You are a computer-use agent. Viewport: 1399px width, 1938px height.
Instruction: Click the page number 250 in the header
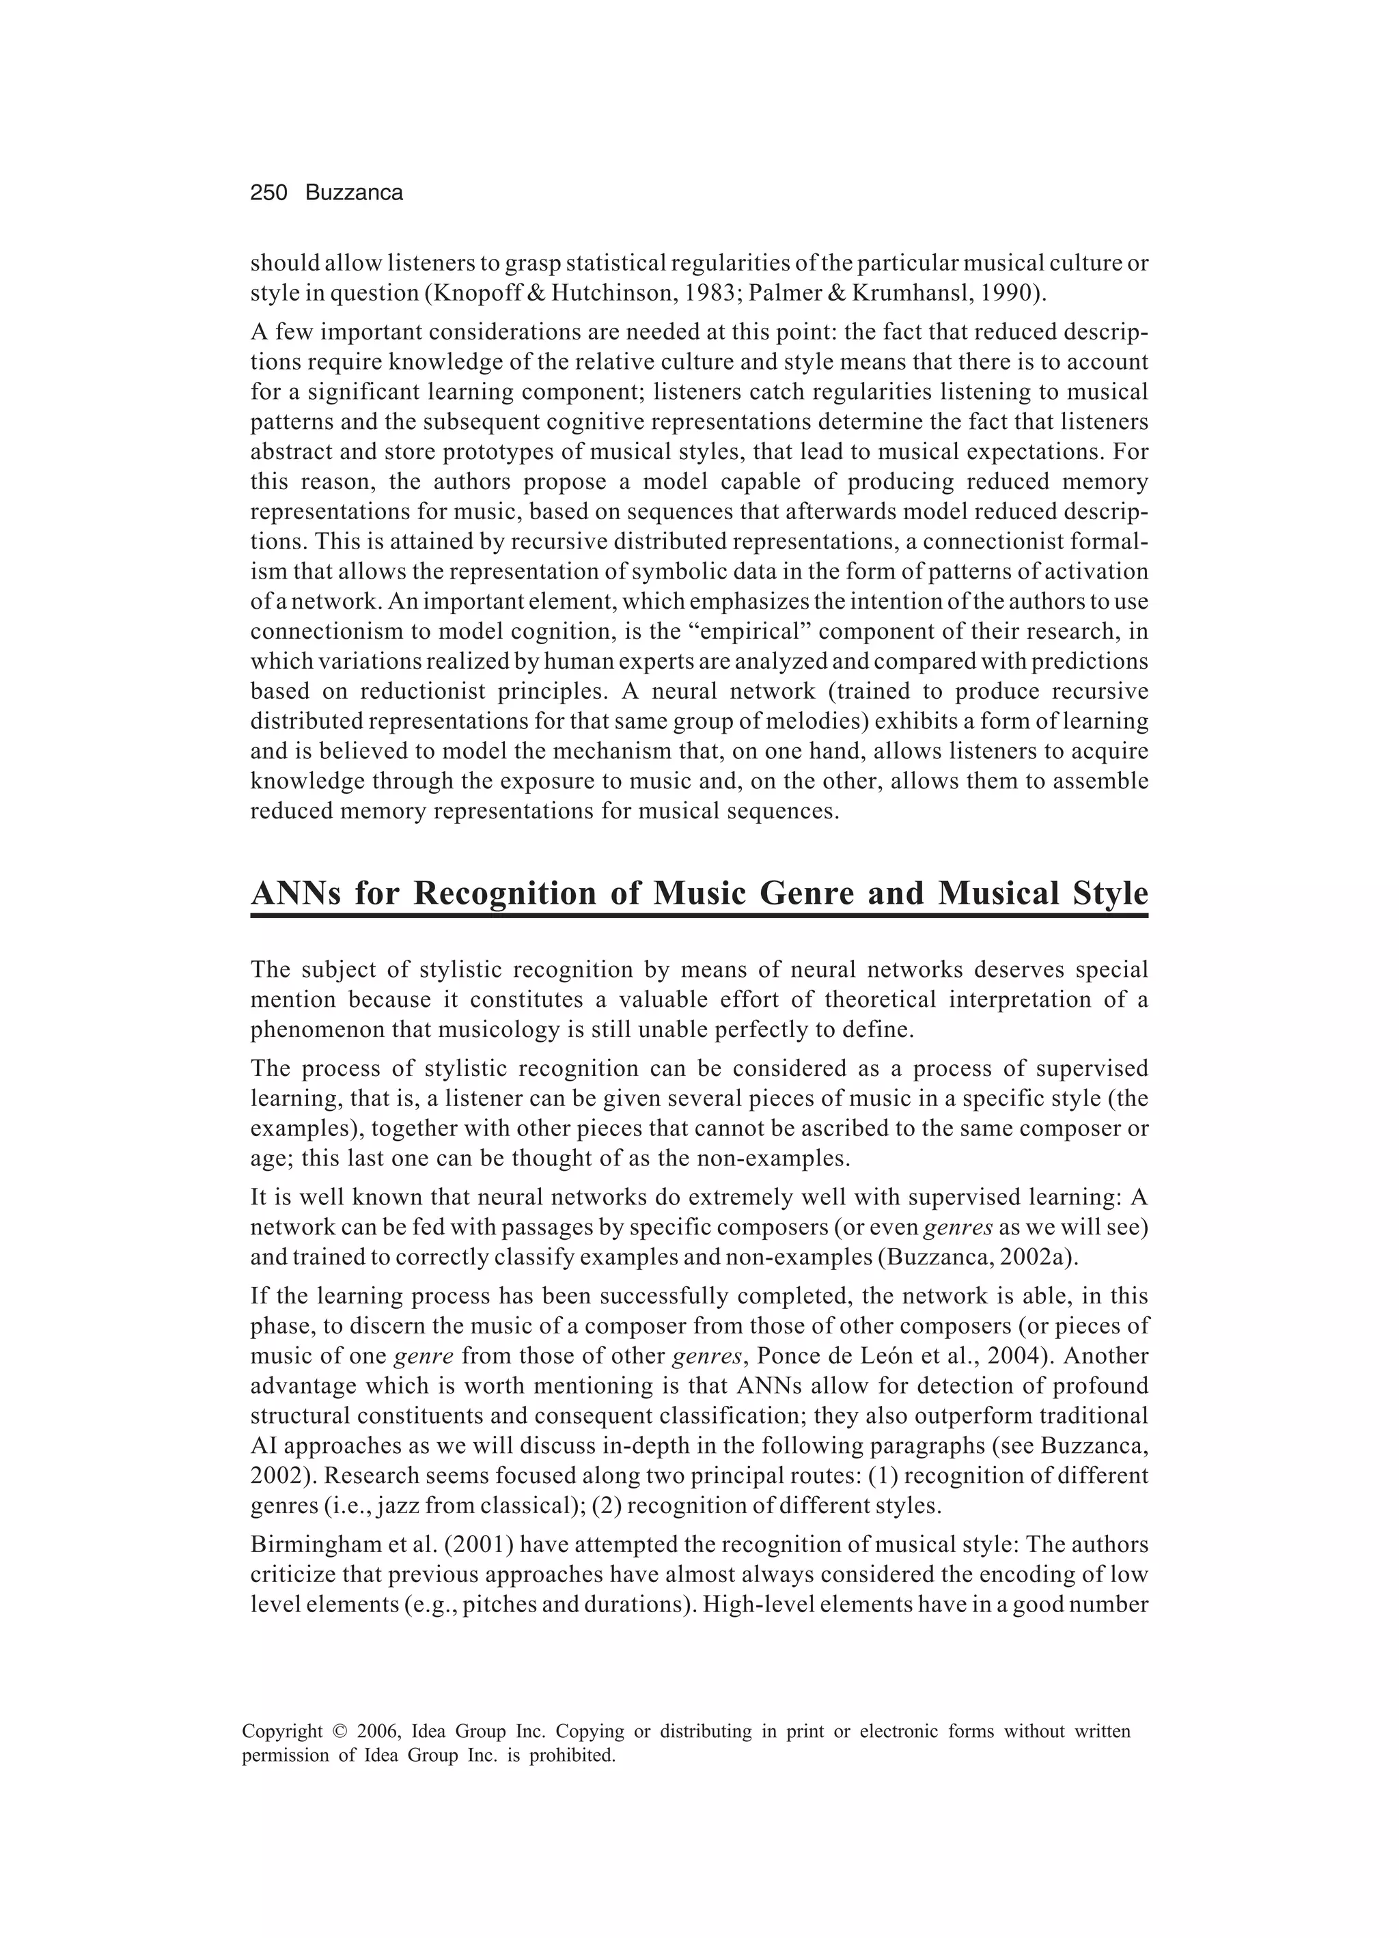268,193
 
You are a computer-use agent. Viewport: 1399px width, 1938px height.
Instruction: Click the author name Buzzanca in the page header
354,193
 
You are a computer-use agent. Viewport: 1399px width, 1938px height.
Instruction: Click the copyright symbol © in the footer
340,1732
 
